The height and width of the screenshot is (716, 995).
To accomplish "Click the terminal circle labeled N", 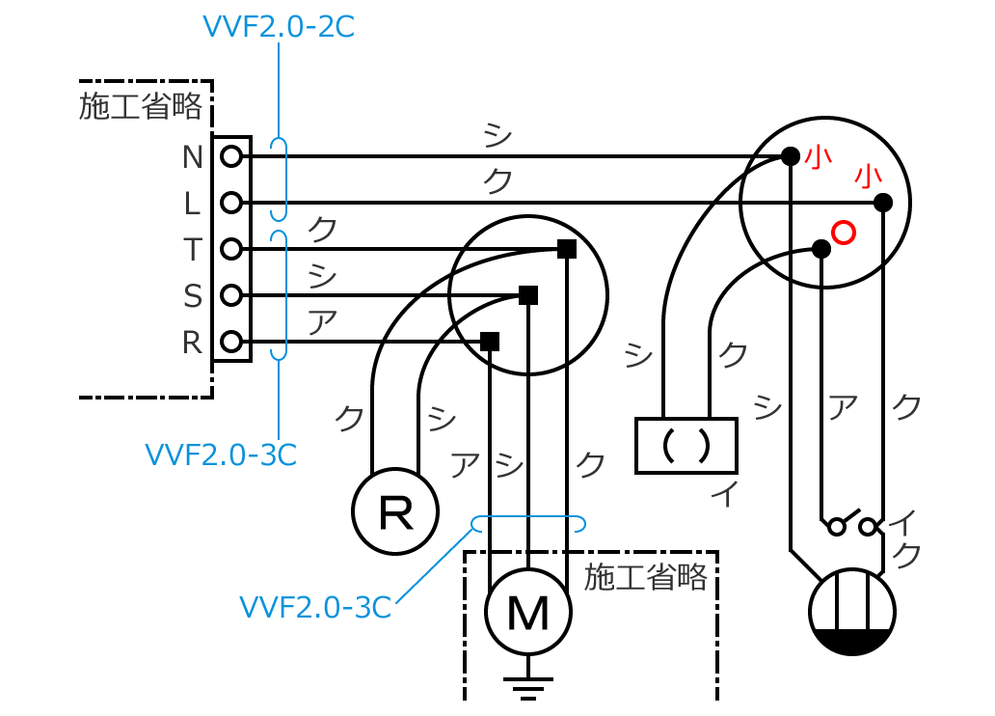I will tap(230, 156).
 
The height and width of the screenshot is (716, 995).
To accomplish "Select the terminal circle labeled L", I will tap(230, 203).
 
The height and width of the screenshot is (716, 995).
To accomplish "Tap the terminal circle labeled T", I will tap(230, 249).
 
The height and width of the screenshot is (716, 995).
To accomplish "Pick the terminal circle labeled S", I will tap(230, 295).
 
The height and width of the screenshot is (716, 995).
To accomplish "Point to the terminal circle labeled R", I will tap(230, 342).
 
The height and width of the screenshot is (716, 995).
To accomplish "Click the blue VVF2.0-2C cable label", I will tap(278, 27).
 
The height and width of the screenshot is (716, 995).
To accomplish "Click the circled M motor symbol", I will tap(527, 612).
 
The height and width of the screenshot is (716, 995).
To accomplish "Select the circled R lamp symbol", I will tap(395, 511).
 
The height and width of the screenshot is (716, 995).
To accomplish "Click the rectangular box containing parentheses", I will tap(686, 445).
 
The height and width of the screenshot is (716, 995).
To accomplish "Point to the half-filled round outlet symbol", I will tap(851, 612).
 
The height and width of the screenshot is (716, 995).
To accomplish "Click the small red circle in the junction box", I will tap(844, 233).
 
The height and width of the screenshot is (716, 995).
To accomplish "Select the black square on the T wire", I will tap(566, 249).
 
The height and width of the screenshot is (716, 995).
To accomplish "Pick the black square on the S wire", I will tap(527, 295).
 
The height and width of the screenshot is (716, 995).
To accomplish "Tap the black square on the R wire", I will tap(490, 342).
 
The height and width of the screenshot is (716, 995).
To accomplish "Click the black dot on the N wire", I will tap(790, 156).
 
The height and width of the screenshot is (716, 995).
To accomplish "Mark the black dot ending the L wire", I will tap(882, 203).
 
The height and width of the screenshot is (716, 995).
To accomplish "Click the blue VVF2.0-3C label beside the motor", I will tap(315, 608).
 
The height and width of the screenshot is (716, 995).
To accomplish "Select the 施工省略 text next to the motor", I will tap(646, 578).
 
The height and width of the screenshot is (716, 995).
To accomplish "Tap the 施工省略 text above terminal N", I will tap(141, 106).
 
